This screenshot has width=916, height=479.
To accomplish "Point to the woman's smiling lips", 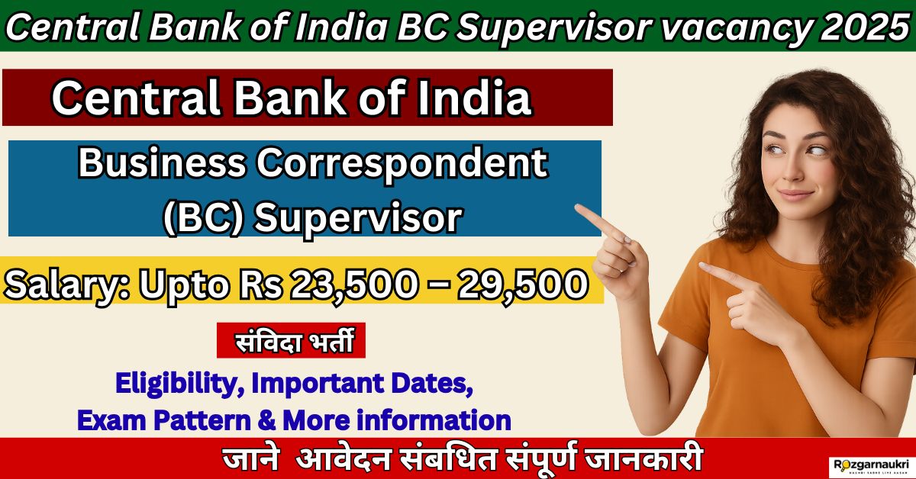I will pyautogui.click(x=795, y=195).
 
